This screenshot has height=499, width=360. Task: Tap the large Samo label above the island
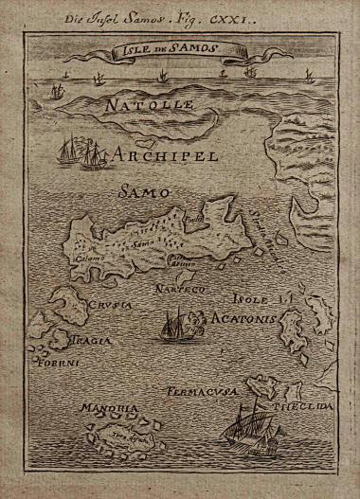[143, 192]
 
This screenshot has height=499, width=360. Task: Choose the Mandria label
[102, 410]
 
